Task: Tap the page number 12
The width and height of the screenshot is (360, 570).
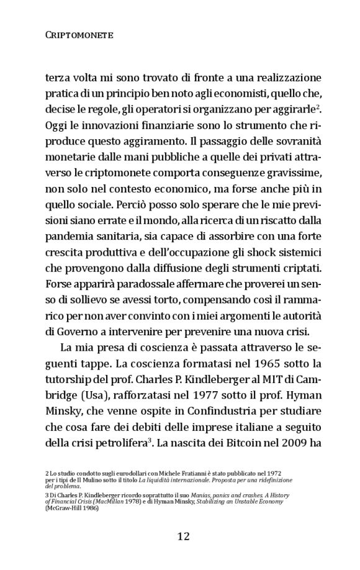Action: [180, 536]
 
